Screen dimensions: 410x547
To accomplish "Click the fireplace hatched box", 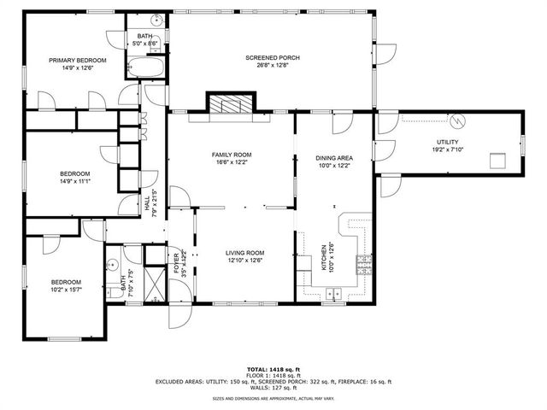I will click(228, 104).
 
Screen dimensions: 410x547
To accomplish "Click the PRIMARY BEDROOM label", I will click(77, 60).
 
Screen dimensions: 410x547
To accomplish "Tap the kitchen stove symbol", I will click(364, 262).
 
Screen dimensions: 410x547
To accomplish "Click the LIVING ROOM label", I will click(244, 253).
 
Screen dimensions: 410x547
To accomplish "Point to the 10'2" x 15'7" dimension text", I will click(65, 290).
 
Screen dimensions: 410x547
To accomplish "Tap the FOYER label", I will click(176, 261).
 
